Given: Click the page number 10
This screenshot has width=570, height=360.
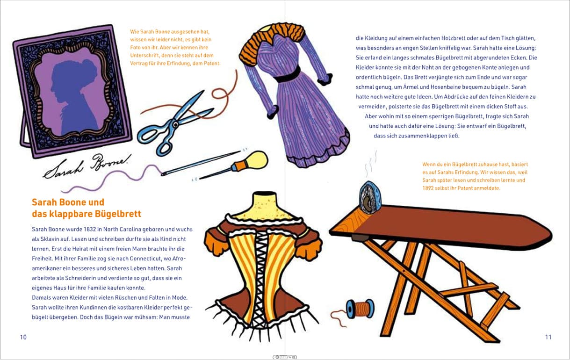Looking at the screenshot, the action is [23, 337].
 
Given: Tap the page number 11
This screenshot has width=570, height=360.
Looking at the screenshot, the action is [548, 337].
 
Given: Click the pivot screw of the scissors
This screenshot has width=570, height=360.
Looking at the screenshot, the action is [175, 124].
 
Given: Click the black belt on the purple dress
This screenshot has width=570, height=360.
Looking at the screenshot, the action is [288, 74].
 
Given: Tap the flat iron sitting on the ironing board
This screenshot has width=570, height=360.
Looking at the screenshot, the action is [370, 197].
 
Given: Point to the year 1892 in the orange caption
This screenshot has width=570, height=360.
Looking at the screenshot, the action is [428, 188].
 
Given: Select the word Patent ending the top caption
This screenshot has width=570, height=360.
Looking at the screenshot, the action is [212, 63].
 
